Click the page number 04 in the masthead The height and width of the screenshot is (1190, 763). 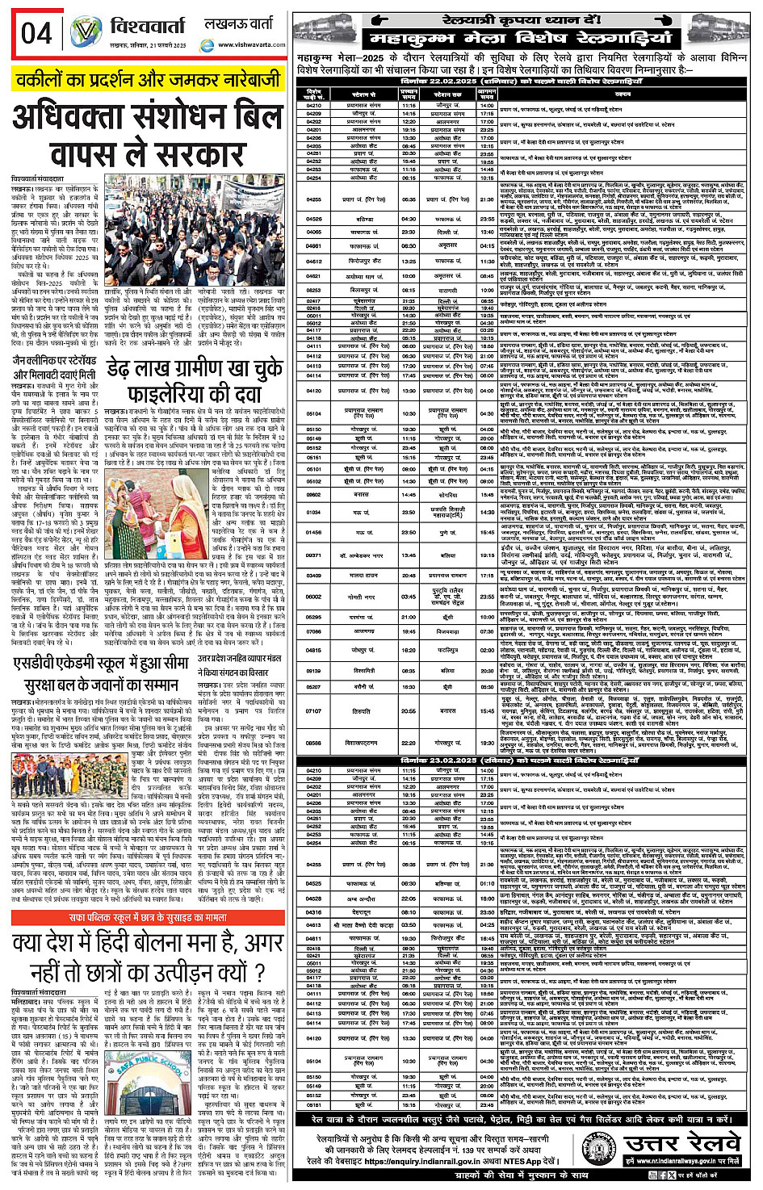pos(36,33)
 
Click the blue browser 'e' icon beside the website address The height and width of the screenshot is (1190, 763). pos(207,46)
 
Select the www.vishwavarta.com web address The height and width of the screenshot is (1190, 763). pos(251,45)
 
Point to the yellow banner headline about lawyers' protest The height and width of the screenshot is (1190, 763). pos(148,79)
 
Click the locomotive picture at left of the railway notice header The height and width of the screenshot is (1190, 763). pos(326,30)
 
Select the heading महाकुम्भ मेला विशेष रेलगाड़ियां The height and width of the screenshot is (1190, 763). pos(520,38)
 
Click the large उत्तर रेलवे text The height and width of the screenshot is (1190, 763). pos(682,1143)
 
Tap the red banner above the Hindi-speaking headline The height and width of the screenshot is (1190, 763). pos(148,918)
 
